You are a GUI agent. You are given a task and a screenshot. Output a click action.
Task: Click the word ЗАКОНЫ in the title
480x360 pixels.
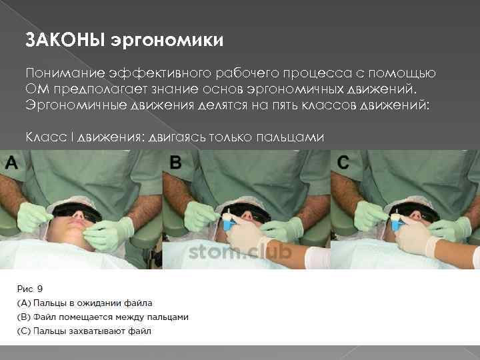pyautogui.click(x=65, y=41)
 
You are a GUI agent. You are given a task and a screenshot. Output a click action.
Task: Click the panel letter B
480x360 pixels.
pyautogui.click(x=175, y=162)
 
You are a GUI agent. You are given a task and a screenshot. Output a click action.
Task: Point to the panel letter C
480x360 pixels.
pyautogui.click(x=343, y=162)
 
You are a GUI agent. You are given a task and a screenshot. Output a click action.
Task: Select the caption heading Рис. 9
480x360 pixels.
pyautogui.click(x=31, y=288)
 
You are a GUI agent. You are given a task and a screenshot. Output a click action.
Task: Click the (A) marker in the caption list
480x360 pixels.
pyautogui.click(x=25, y=302)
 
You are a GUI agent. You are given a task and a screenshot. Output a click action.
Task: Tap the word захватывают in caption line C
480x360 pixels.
pyautogui.click(x=103, y=331)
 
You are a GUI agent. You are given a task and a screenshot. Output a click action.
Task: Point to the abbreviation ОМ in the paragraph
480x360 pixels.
pyautogui.click(x=35, y=89)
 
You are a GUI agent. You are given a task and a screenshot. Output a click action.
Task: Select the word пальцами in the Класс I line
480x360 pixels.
pyautogui.click(x=291, y=137)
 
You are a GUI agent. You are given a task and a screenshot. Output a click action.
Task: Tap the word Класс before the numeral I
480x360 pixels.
pyautogui.click(x=45, y=137)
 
